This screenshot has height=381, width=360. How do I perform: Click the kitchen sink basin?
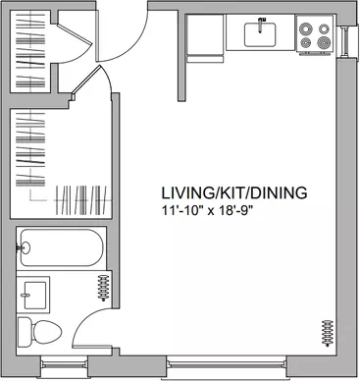260,34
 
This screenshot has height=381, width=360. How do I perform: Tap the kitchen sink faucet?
261,26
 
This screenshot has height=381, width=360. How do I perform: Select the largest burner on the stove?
324,42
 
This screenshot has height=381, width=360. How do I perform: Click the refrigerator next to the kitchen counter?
205,38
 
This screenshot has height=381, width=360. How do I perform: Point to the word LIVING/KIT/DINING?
234,193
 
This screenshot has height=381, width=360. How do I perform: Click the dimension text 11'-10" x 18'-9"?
208,210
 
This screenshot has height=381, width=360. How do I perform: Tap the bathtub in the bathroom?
62,247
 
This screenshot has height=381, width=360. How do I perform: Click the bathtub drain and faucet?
24,247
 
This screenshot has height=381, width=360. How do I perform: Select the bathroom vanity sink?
33,295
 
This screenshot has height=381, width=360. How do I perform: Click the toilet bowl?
47,333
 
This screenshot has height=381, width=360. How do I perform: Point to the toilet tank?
25,333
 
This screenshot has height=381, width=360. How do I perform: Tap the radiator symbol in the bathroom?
103,288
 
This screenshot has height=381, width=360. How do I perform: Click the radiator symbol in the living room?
328,333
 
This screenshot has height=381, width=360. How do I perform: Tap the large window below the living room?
227,365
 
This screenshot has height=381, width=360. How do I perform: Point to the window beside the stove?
345,42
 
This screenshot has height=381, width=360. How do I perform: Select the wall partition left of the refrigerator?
181,57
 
